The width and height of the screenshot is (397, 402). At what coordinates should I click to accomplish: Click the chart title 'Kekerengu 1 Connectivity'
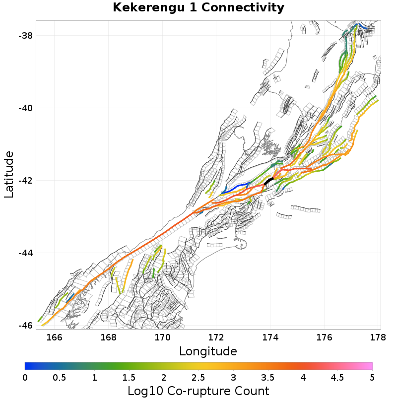click(x=198, y=8)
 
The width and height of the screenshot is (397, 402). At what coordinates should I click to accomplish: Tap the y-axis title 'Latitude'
click(x=9, y=175)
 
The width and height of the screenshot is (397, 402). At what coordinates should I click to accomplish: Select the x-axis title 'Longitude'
click(x=208, y=351)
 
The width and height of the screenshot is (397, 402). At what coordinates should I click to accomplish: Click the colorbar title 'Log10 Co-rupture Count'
click(x=198, y=391)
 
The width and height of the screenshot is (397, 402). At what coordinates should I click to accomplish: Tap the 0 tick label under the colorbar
click(x=25, y=378)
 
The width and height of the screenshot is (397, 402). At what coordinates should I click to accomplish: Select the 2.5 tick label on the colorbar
click(x=198, y=378)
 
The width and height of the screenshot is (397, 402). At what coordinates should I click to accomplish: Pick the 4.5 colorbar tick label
click(x=337, y=378)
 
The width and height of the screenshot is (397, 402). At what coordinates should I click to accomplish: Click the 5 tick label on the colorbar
click(x=372, y=378)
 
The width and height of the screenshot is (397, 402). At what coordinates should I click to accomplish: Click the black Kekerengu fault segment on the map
click(x=269, y=181)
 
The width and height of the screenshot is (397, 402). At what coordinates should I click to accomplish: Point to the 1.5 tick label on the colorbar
click(x=129, y=378)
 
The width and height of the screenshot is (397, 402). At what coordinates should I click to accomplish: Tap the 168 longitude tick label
click(x=108, y=338)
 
